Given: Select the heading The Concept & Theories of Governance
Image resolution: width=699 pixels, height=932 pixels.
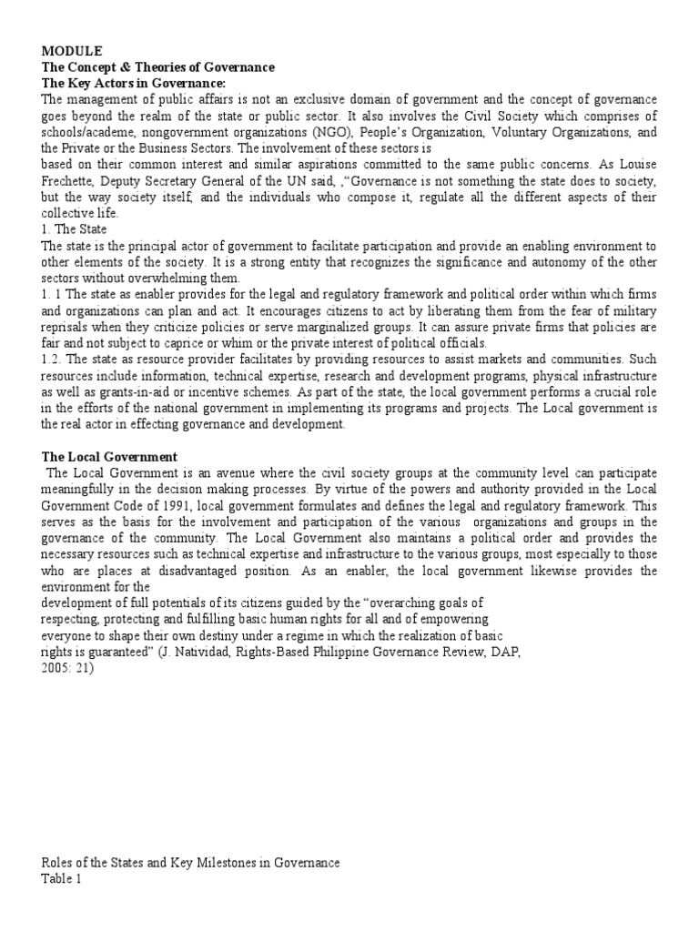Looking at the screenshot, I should [x=158, y=68].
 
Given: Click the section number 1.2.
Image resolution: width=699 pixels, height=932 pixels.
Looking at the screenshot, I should [x=55, y=358].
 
